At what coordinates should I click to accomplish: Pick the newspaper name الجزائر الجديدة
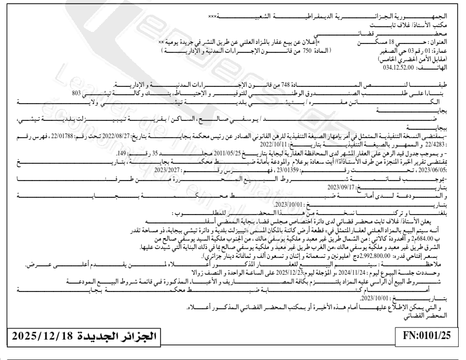point(121,334)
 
